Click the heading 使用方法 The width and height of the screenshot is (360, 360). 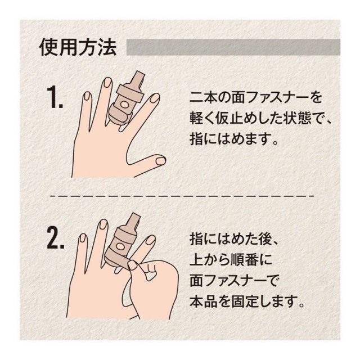pos(78,47)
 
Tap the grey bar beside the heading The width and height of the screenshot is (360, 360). pos(233,47)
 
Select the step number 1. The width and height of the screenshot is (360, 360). pos(55,97)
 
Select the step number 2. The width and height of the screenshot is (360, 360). pos(55,238)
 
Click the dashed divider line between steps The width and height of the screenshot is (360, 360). pos(182,196)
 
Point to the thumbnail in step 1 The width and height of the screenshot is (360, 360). pos(161,160)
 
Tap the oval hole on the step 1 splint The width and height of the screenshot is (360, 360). pos(125,105)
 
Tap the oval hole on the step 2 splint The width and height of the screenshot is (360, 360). pos(120,246)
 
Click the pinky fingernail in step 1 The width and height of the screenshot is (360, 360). pos(87,96)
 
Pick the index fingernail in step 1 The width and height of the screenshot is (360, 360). pos(154,98)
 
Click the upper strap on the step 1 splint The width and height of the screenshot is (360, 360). pos(130,94)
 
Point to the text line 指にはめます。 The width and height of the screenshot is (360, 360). pos(234,138)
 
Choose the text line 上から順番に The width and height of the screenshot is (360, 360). pos(231,260)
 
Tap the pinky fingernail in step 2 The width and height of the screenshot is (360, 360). pos(83,238)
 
